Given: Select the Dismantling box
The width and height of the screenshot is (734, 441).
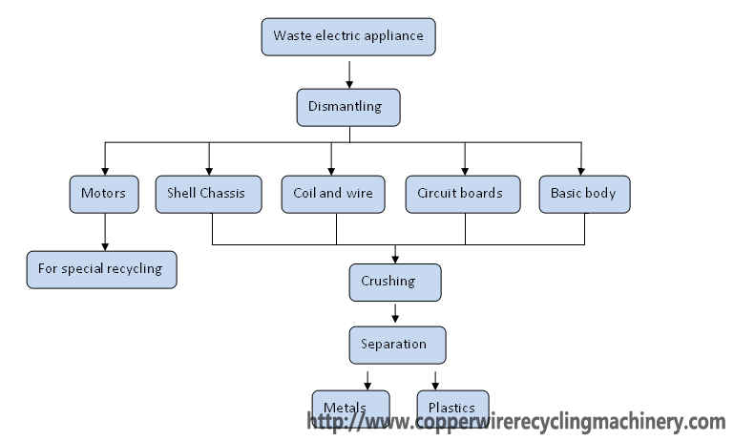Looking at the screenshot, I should [348, 107].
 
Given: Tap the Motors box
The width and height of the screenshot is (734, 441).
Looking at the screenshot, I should [104, 194].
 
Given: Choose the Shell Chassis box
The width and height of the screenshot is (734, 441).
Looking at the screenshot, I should [207, 194].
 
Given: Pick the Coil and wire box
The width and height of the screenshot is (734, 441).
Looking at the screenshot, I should [332, 194].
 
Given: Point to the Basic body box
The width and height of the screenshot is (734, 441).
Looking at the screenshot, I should [583, 194].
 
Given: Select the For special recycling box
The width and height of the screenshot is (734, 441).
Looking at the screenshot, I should [101, 269].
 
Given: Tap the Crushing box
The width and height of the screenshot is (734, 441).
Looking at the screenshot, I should [394, 282].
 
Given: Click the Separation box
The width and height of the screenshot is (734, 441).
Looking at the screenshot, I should [394, 344].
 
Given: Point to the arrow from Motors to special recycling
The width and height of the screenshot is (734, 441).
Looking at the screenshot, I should [105, 232].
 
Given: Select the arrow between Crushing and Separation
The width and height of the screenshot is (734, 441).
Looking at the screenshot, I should [395, 313].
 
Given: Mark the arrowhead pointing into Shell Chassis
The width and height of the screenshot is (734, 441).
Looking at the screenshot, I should [208, 170].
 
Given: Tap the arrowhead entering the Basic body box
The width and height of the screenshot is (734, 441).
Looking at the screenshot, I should [581, 170].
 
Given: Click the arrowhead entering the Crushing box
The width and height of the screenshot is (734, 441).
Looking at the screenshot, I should [395, 258].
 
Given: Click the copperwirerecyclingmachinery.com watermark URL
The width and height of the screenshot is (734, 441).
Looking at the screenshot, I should [515, 421].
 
